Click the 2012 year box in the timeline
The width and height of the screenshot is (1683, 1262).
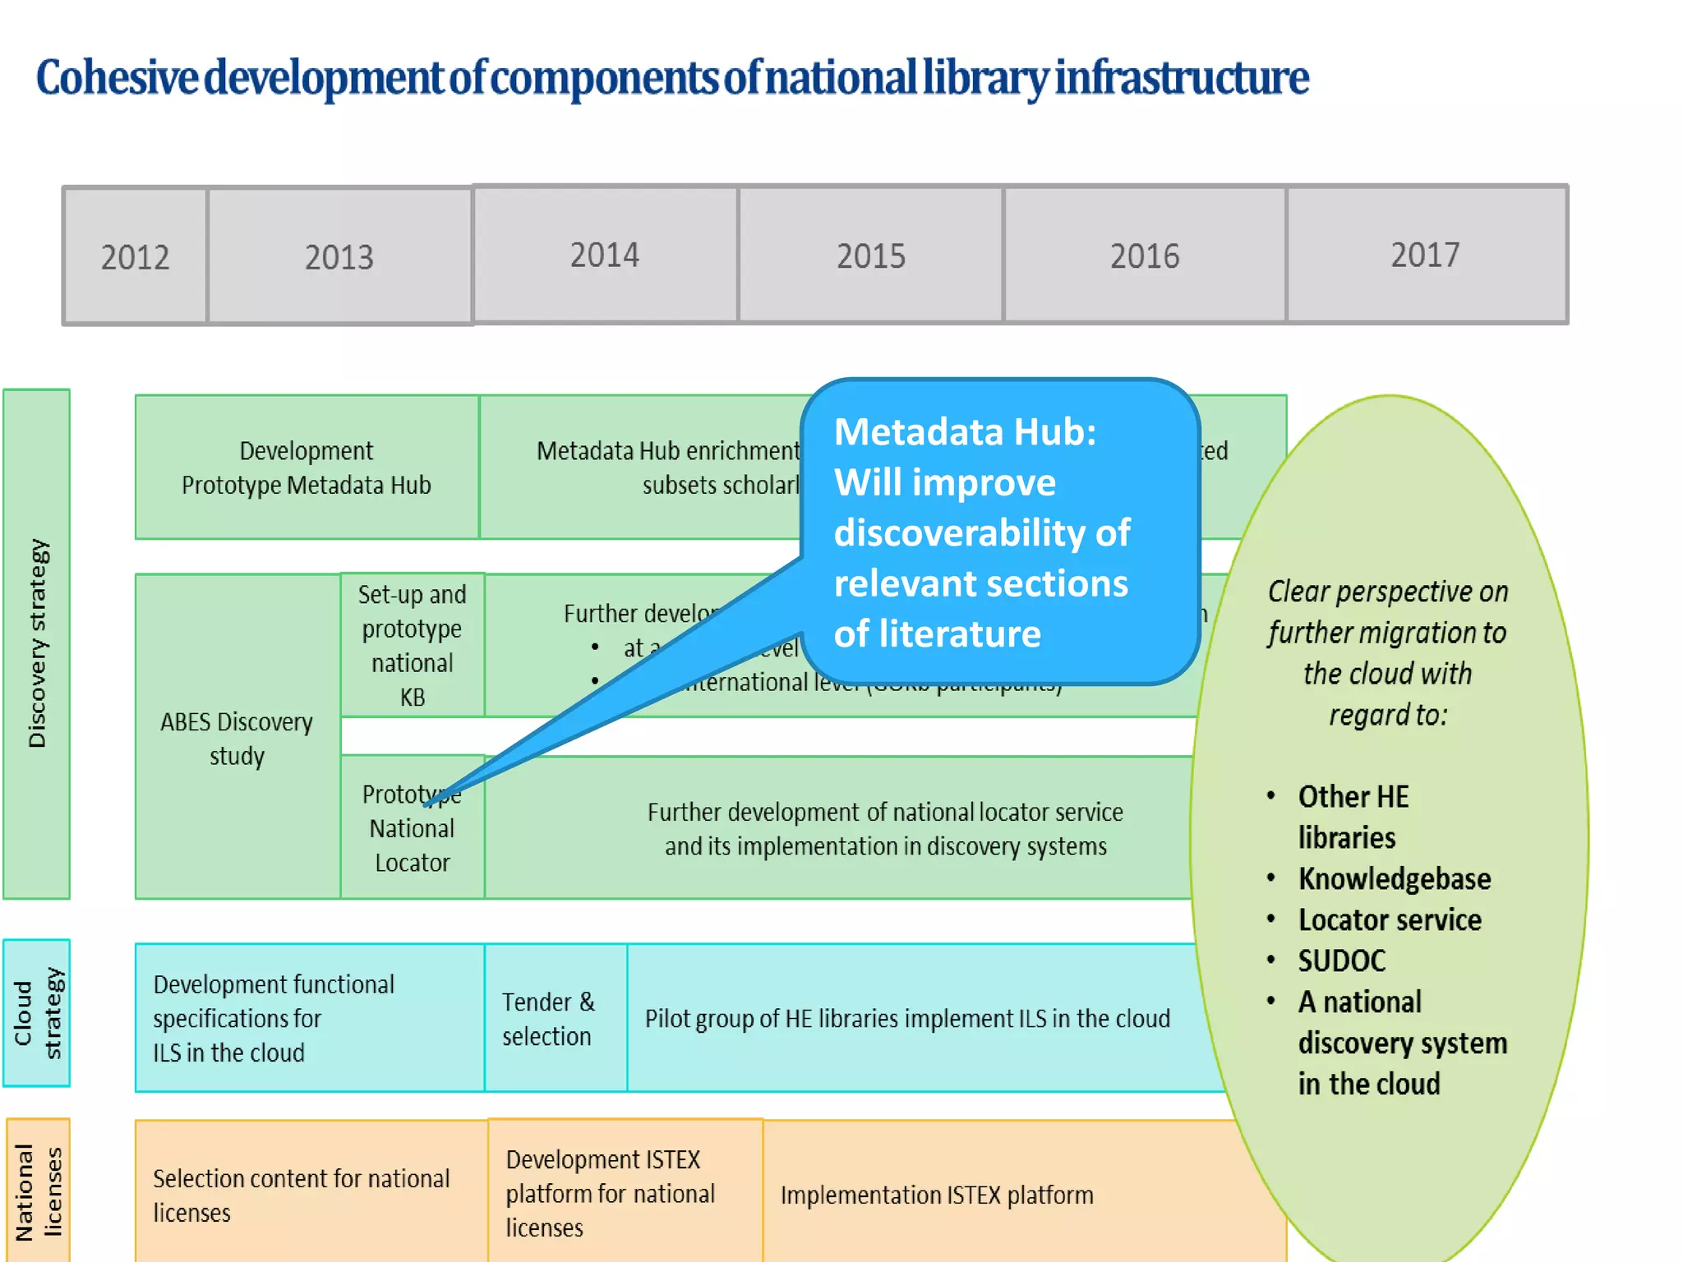(x=136, y=256)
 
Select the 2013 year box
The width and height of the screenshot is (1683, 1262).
(x=339, y=256)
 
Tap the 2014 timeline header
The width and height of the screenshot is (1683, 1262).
(x=605, y=255)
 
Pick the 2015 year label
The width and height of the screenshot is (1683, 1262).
(x=871, y=256)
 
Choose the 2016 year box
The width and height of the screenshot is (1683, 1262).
(x=1145, y=256)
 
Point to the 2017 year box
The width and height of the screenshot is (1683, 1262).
(x=1426, y=255)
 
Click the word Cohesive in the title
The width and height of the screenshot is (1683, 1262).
(x=117, y=78)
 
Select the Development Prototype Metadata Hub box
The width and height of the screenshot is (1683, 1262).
(x=307, y=467)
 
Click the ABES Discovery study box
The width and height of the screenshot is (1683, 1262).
(x=237, y=738)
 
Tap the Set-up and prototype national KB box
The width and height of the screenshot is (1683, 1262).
(x=413, y=645)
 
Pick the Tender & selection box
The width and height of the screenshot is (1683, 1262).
(x=548, y=1018)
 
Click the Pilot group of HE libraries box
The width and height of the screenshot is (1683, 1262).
(x=907, y=1018)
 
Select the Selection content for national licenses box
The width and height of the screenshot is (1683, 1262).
(x=302, y=1195)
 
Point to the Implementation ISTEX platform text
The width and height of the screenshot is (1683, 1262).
(x=937, y=1195)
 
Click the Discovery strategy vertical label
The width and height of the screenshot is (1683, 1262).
(x=37, y=643)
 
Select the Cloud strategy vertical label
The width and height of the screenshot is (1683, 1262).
(x=37, y=1012)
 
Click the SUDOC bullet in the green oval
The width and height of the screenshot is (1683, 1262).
(x=1342, y=960)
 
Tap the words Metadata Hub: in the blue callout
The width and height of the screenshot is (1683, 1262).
(x=965, y=431)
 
